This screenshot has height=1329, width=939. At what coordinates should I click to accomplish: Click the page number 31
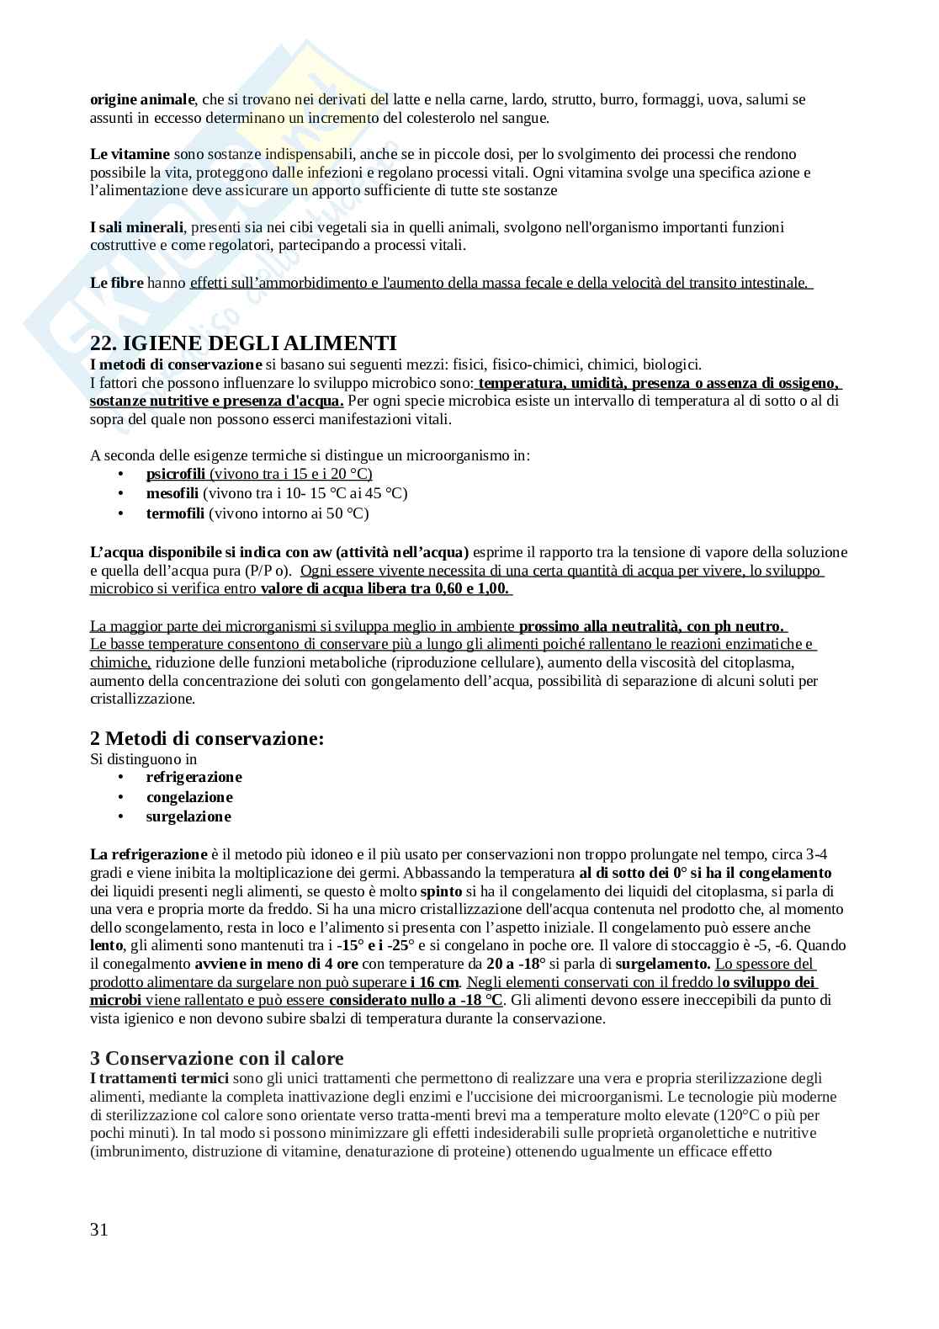point(99,1230)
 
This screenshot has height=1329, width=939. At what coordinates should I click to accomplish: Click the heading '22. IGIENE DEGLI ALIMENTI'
point(243,343)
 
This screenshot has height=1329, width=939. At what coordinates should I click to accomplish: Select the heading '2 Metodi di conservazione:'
point(207,738)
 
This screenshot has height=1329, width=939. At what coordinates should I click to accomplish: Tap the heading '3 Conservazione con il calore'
point(217,1058)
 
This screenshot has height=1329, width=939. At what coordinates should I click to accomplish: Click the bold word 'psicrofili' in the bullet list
point(176,474)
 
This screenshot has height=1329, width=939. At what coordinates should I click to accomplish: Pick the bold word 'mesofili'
point(172,493)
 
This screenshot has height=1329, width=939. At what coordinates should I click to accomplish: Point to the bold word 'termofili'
point(175,513)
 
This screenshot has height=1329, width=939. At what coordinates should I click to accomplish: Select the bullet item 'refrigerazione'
point(194,777)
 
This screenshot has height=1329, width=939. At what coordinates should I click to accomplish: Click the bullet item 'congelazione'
point(189,797)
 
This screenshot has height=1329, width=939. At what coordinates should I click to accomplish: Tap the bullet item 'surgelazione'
point(188,816)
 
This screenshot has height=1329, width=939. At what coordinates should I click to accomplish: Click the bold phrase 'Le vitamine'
point(130,154)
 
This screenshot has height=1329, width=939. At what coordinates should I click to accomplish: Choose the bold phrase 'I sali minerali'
point(136,227)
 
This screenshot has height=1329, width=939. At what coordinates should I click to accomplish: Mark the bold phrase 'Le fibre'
point(117,283)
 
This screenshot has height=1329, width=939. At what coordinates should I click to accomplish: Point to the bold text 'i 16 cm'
point(435,982)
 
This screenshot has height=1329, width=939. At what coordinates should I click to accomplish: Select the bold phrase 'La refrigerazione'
point(148,854)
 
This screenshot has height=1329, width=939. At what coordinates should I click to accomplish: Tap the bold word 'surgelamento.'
point(663,964)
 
